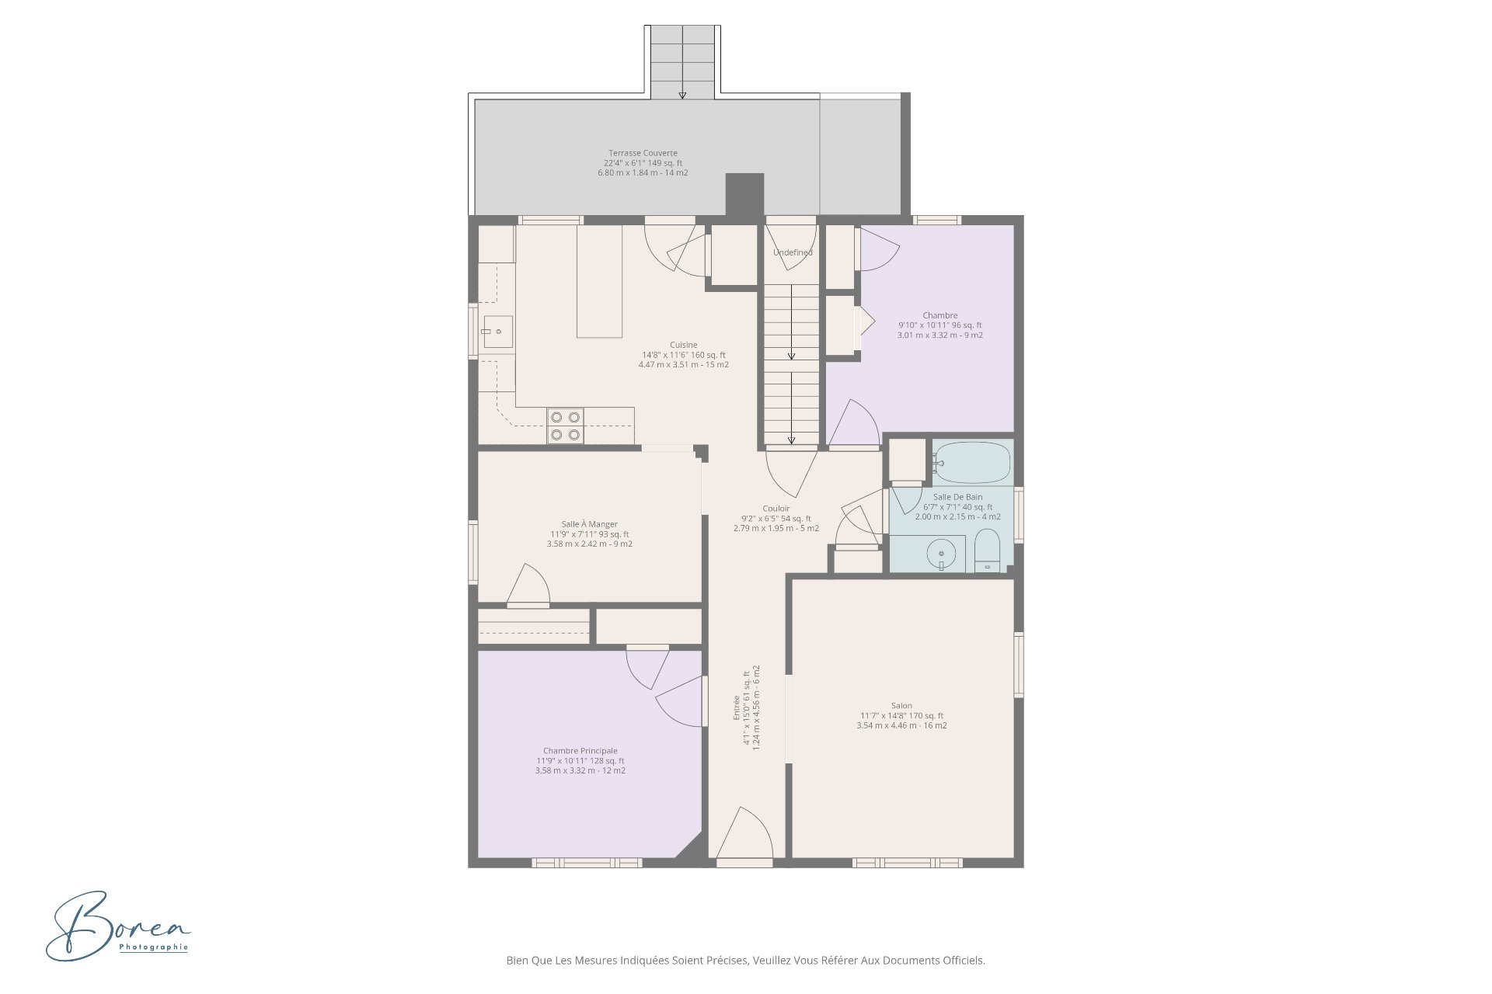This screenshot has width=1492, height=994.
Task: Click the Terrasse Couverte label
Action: coord(643,163)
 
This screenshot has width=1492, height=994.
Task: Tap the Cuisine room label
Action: coord(684,355)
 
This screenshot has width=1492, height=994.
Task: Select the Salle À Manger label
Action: coord(589,534)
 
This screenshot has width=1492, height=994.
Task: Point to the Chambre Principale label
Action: coord(580,761)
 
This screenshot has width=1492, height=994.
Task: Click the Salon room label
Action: coord(901,716)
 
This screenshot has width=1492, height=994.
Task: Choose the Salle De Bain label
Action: coord(957,507)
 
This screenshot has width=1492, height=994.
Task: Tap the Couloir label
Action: coord(776,519)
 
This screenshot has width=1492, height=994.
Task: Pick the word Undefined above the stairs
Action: coord(793,252)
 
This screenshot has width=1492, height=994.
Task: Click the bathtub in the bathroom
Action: coord(971,463)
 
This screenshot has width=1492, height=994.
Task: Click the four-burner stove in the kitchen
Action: coord(565,426)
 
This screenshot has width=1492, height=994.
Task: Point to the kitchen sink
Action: coord(497,332)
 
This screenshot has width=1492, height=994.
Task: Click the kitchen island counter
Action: coord(600,281)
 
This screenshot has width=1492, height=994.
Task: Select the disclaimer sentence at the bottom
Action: coord(746,961)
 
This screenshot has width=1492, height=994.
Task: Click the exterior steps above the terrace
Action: coord(682,62)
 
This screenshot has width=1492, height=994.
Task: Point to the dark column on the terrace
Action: coord(744,194)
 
